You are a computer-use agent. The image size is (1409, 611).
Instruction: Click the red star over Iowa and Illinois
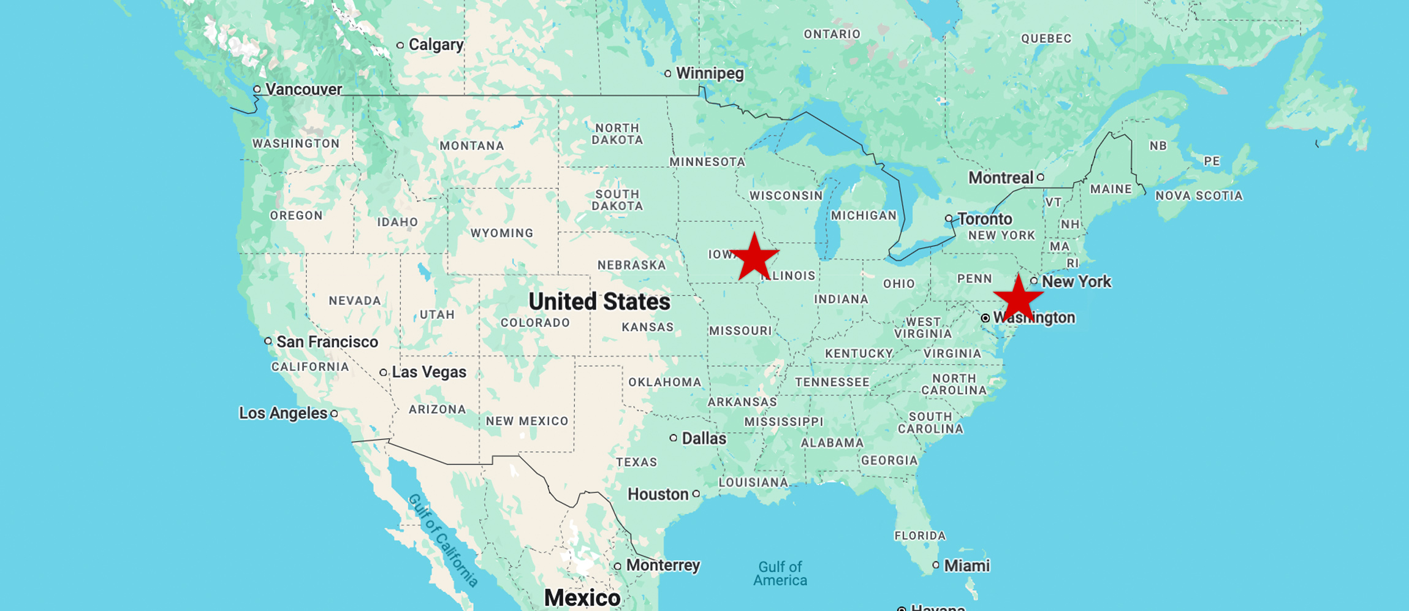click(x=754, y=258)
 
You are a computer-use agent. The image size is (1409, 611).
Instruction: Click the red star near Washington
click(x=1018, y=300)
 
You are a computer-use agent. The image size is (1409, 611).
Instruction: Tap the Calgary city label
click(x=436, y=45)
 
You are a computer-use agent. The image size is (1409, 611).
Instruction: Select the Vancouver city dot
click(x=257, y=89)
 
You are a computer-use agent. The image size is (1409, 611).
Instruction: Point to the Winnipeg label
click(x=710, y=74)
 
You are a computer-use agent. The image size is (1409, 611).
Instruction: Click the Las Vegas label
click(x=429, y=372)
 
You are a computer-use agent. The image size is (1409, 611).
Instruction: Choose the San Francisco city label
click(x=327, y=342)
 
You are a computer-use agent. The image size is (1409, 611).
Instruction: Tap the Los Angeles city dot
click(x=334, y=414)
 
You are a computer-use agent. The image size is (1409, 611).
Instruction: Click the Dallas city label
click(x=704, y=439)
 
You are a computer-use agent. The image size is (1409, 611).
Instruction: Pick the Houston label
click(x=658, y=495)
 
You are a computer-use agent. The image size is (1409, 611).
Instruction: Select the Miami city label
click(x=967, y=566)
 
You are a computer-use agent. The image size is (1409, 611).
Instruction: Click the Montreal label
click(x=1000, y=178)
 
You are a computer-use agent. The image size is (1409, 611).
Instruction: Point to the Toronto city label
click(x=984, y=219)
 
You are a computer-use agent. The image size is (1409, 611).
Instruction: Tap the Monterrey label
click(x=663, y=565)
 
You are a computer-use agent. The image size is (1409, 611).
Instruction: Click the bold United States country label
click(x=599, y=302)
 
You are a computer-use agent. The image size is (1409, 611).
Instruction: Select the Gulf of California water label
click(x=443, y=540)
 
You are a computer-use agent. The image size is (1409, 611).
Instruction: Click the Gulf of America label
click(x=780, y=574)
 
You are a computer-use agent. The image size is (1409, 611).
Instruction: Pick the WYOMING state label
click(x=501, y=233)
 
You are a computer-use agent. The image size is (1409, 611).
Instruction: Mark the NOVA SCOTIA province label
click(x=1199, y=196)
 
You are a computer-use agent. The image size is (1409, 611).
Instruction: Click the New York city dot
click(x=1034, y=281)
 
